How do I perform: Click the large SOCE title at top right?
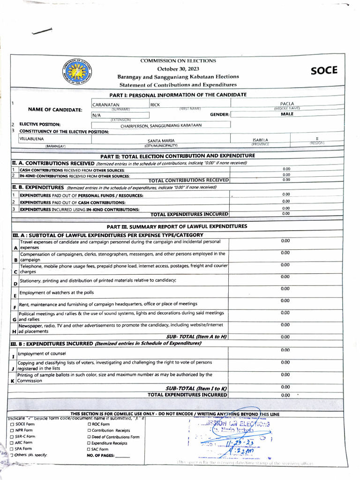(x=323, y=71)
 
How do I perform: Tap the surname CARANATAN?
(x=106, y=105)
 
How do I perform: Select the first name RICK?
(x=155, y=105)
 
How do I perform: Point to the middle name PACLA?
(x=287, y=104)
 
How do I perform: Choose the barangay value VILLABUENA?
(x=31, y=139)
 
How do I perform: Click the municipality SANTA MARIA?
(x=161, y=141)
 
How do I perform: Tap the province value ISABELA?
(x=260, y=140)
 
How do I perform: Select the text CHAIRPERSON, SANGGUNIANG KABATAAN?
(x=161, y=126)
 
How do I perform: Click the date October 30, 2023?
(x=178, y=69)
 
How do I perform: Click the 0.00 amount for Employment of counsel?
(x=285, y=350)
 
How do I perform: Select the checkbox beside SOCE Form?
(x=12, y=424)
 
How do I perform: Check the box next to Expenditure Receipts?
(x=89, y=443)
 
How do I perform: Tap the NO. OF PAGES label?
(x=101, y=455)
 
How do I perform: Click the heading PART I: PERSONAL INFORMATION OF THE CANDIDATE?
(x=178, y=95)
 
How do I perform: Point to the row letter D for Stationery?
(x=15, y=284)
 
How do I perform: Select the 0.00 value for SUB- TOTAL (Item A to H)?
(x=285, y=337)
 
